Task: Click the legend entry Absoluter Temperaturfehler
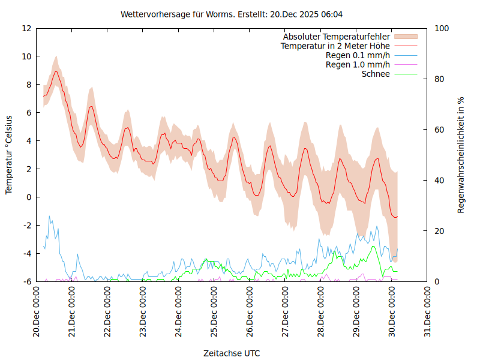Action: click(337, 37)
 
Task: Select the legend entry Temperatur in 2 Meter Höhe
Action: click(335, 46)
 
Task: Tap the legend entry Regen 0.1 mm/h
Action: click(358, 55)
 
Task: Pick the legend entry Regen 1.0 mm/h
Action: click(358, 65)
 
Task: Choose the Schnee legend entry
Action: click(376, 74)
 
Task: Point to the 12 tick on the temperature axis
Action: click(26, 28)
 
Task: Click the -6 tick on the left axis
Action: click(28, 281)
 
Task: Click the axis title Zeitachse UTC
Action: click(232, 353)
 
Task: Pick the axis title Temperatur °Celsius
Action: click(9, 154)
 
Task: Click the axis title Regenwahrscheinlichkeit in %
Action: click(461, 155)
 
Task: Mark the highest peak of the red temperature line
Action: click(56, 71)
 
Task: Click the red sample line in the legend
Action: click(405, 46)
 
